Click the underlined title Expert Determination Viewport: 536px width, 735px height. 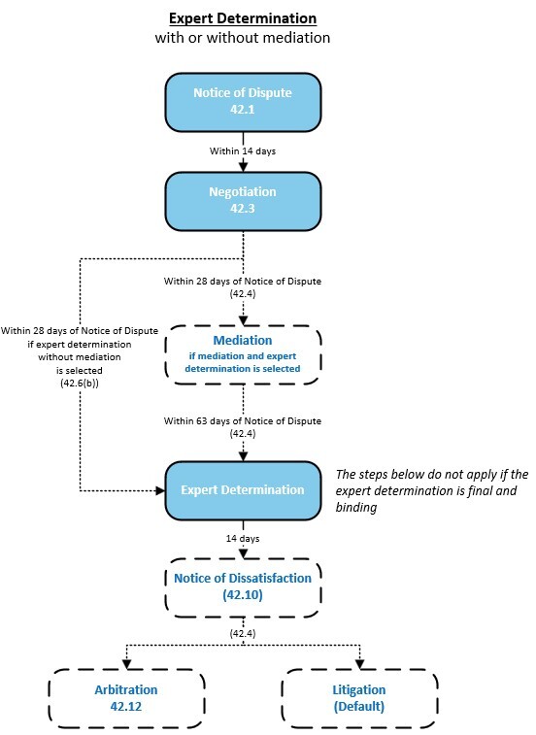point(243,18)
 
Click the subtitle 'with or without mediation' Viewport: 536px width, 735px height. point(243,38)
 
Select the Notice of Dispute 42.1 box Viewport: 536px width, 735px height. point(243,100)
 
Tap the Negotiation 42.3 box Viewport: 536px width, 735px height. point(243,199)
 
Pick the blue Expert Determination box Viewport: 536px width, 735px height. point(243,490)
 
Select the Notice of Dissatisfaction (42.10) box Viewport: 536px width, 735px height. point(243,586)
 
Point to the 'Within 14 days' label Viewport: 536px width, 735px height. point(243,150)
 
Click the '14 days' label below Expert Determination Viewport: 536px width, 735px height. point(243,536)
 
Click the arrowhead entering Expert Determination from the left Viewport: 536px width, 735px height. point(159,490)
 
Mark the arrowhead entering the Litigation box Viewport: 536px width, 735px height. point(359,666)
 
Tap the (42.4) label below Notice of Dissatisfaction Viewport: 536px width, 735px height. point(243,633)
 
